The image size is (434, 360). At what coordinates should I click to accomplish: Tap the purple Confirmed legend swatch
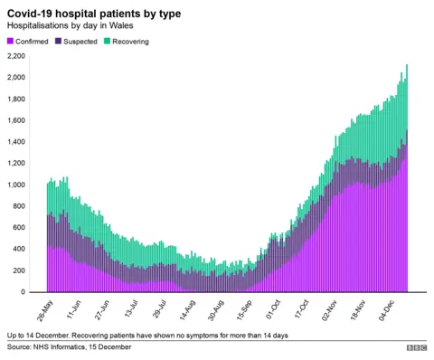coord(11,42)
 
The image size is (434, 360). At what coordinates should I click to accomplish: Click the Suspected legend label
coord(80,42)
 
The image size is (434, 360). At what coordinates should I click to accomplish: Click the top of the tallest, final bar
coord(408,65)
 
